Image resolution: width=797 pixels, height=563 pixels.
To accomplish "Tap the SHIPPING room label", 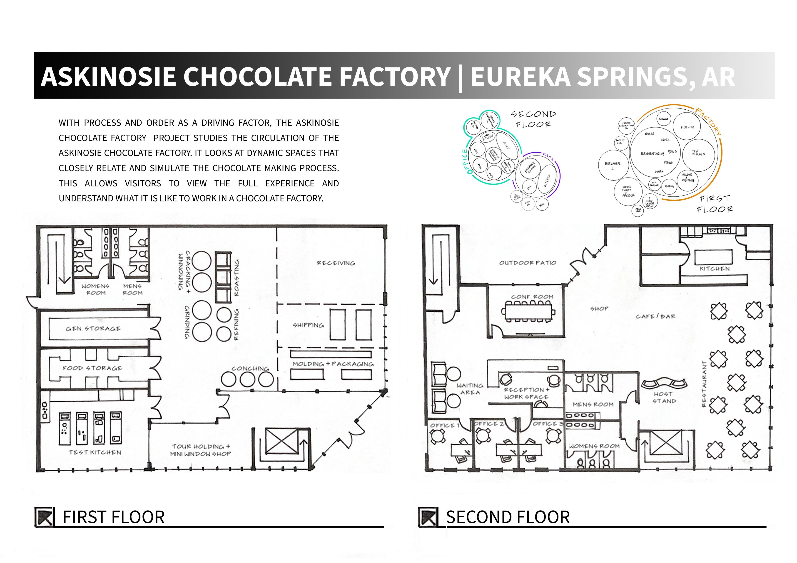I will coord(308,325).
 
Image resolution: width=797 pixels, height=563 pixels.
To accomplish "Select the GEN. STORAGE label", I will coord(93,328).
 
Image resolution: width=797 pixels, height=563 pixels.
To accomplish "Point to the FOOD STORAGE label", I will coord(92,368).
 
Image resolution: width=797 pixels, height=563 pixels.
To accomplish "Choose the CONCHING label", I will coord(250,368).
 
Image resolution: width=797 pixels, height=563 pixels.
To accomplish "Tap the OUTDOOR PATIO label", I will coord(528,263).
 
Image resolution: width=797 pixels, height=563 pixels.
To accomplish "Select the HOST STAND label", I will coord(664,398).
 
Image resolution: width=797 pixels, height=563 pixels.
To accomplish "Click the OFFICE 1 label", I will coord(445,425).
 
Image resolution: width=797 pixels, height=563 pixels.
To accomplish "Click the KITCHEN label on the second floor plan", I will coord(714,269).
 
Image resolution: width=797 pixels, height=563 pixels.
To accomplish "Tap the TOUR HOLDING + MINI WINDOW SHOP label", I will coord(201,450).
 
